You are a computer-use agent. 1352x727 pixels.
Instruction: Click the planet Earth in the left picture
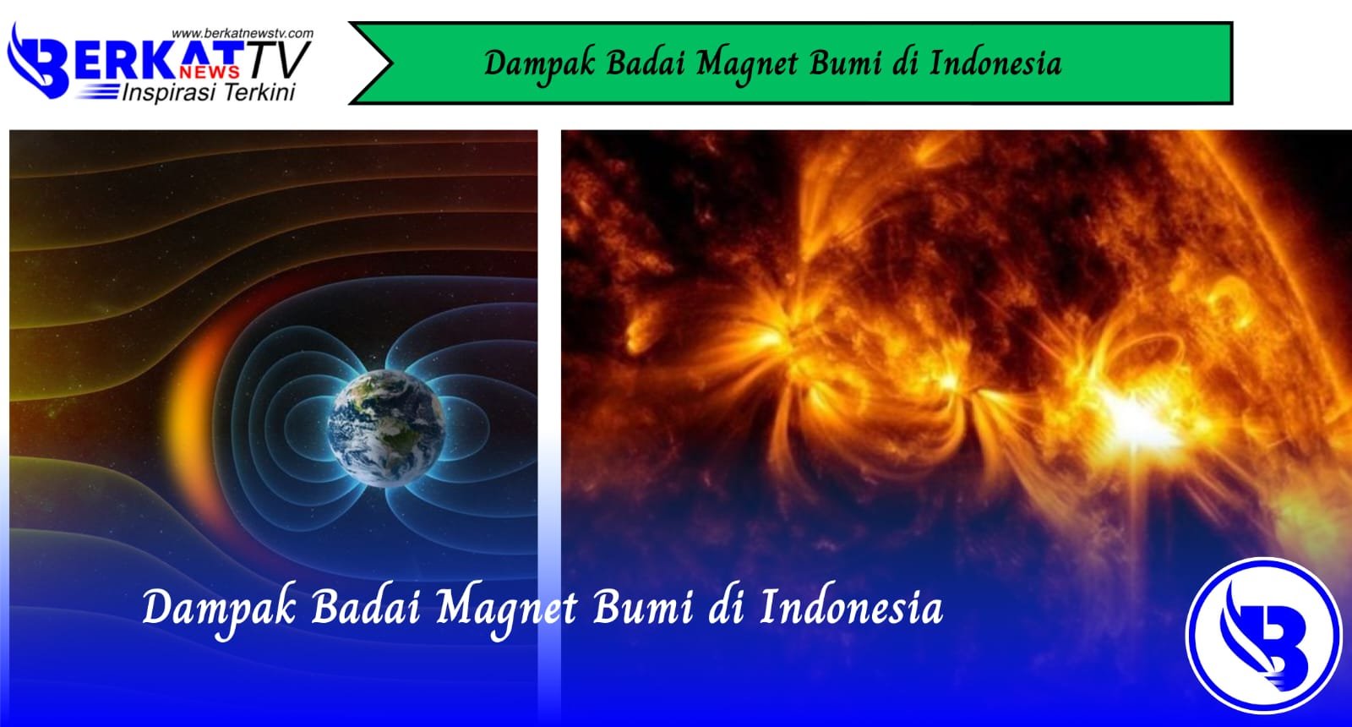[x=387, y=428]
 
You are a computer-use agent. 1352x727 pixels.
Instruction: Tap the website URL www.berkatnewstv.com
[x=243, y=34]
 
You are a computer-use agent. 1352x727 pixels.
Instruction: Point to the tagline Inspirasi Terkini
[x=209, y=92]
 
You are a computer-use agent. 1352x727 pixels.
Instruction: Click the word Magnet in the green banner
[x=748, y=64]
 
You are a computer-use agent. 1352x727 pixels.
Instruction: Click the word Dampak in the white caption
[x=218, y=609]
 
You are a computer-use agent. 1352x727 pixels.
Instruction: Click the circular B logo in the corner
[x=1263, y=636]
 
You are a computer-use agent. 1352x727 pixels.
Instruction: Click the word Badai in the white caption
[x=365, y=608]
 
